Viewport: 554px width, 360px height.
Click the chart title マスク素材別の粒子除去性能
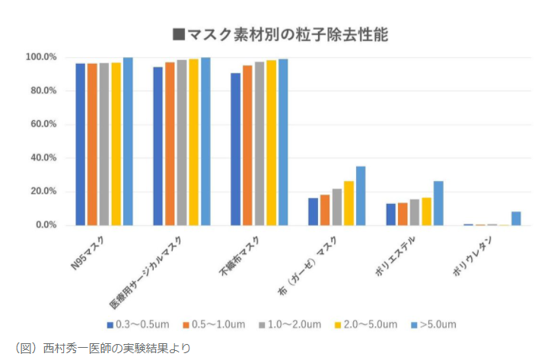(x=282, y=33)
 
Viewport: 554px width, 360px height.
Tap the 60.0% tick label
(x=43, y=124)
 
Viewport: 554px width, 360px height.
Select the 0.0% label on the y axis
(x=45, y=225)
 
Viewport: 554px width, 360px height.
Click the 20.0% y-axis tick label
(x=43, y=192)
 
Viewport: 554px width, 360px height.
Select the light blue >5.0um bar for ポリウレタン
(x=516, y=218)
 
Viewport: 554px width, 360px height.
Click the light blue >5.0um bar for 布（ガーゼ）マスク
(x=361, y=196)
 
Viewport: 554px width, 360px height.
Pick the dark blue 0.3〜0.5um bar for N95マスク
(x=80, y=144)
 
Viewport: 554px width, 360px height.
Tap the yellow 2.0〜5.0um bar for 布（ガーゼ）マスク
(x=349, y=203)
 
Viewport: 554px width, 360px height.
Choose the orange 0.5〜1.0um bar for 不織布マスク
(x=247, y=145)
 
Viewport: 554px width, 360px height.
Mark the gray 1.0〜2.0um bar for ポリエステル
(x=415, y=212)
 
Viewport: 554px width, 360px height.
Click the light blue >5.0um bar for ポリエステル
(x=438, y=203)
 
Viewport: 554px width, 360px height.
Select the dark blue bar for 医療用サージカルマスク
(x=158, y=146)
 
